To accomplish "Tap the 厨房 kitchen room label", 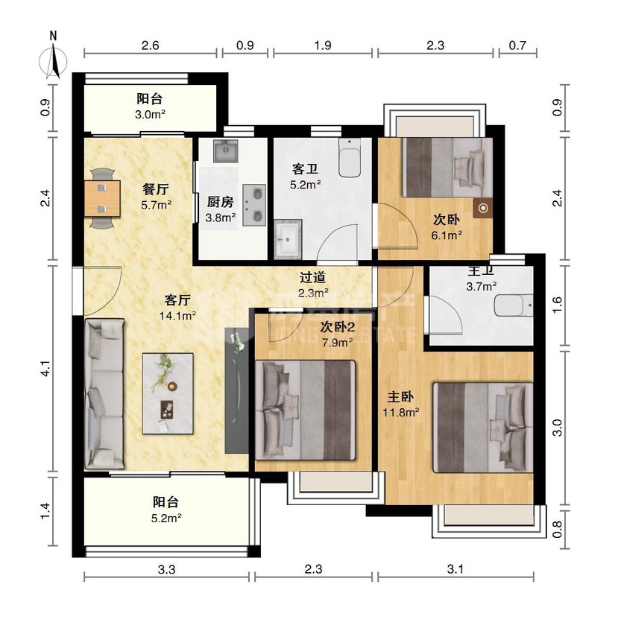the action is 220,202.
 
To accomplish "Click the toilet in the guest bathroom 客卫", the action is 350,158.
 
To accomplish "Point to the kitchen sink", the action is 225,151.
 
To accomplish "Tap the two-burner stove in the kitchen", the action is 254,205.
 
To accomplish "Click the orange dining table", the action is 102,199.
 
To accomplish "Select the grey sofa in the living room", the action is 104,394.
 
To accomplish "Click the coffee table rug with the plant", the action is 168,393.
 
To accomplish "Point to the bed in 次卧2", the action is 305,410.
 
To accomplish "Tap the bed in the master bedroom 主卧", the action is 483,428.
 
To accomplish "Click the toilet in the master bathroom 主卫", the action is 514,305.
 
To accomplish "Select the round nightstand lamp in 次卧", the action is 483,208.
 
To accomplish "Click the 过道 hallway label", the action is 312,277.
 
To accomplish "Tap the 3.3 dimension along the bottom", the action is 167,569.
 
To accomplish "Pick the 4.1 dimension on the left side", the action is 45,368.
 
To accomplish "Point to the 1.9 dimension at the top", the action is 323,45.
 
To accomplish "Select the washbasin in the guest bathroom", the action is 288,239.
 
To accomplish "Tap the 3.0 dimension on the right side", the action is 557,428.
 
